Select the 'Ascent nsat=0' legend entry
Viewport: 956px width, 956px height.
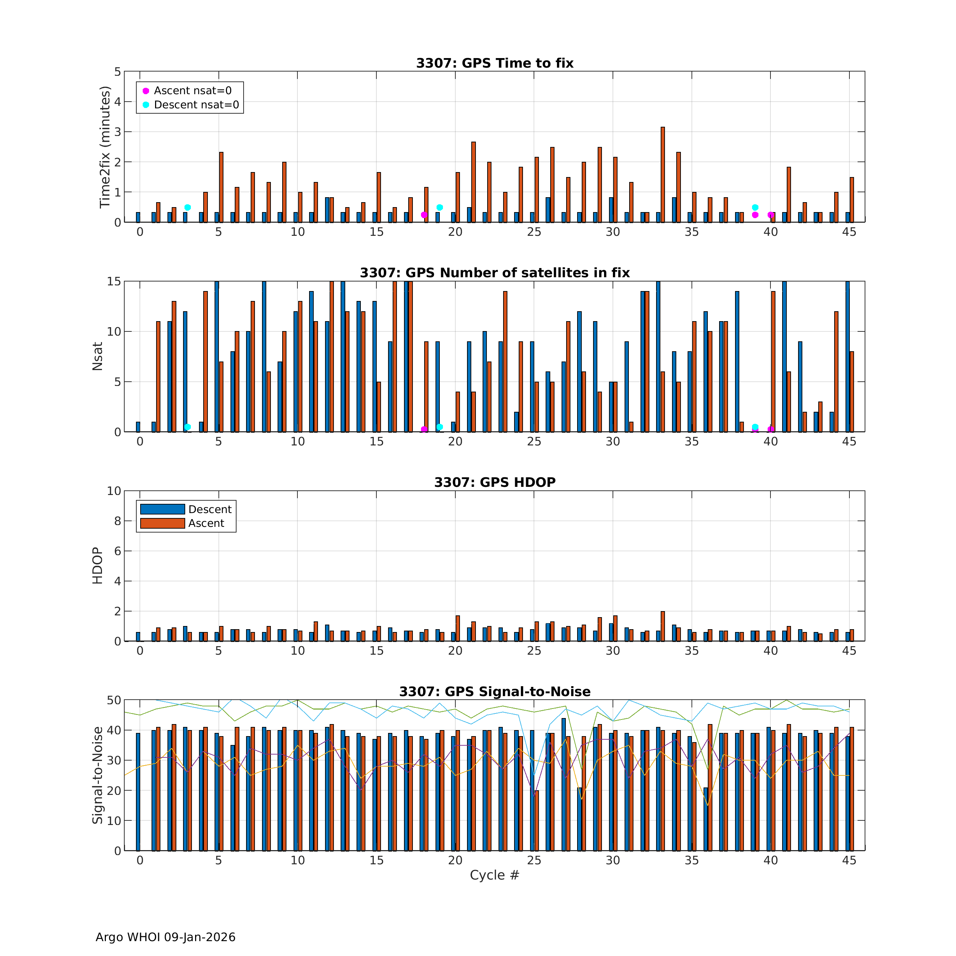[192, 91]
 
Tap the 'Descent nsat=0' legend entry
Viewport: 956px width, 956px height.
[196, 105]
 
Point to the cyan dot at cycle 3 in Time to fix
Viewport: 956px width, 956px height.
[188, 207]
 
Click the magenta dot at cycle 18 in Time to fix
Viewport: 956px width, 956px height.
[424, 215]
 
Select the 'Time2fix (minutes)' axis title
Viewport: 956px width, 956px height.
[105, 147]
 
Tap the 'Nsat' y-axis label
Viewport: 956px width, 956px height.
[97, 356]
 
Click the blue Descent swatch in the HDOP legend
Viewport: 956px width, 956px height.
[162, 509]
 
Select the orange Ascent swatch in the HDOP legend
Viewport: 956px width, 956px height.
[162, 523]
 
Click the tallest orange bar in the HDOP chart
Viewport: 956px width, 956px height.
[662, 626]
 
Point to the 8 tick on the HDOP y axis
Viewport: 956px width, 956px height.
[117, 521]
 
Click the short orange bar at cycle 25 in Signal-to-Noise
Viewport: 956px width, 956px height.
[536, 820]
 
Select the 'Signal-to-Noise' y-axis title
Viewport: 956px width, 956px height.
[97, 775]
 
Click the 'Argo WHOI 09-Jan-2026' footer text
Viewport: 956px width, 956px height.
[165, 937]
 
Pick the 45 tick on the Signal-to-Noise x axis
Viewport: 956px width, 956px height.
[849, 860]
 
